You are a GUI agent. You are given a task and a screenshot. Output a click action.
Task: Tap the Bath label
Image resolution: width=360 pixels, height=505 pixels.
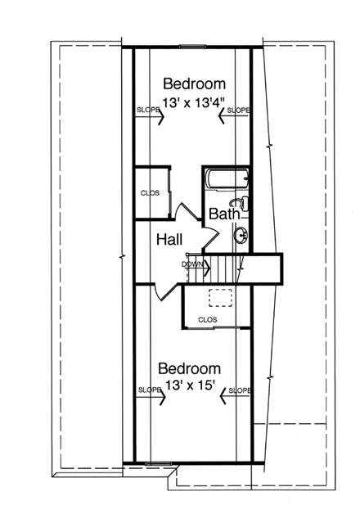[223, 214]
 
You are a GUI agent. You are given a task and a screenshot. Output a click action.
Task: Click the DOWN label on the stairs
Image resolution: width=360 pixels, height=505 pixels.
[192, 264]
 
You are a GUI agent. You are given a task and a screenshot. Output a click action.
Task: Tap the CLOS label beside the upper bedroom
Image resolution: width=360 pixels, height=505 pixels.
[149, 193]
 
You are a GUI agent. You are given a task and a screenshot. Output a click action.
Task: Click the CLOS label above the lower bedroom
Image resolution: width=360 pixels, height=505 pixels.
[206, 319]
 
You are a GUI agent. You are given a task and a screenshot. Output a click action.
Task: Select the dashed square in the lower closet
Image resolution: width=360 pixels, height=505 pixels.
[218, 298]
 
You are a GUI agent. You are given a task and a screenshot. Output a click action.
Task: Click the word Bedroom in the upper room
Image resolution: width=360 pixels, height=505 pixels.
[194, 83]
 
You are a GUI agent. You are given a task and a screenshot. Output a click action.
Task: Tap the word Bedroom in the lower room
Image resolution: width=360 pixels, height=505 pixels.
[189, 368]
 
